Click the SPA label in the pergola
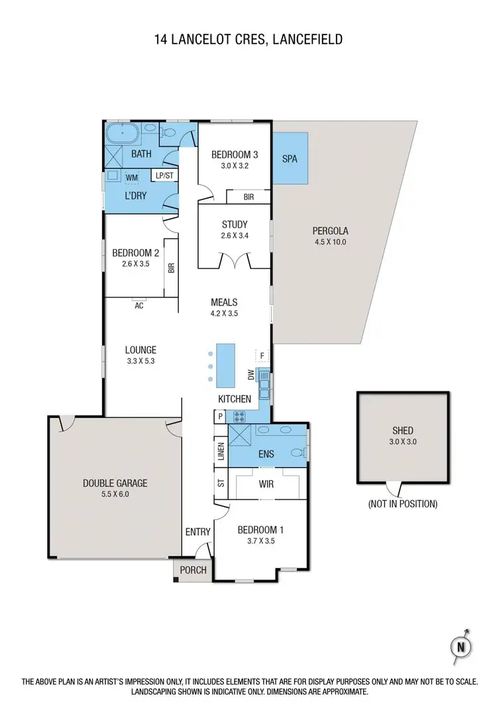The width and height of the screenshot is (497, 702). [290, 160]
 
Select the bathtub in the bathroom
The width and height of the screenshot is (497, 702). [124, 135]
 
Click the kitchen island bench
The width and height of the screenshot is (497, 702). [226, 366]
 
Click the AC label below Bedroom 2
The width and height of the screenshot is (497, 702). [139, 306]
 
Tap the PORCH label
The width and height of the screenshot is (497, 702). [193, 570]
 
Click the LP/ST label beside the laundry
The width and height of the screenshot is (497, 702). [164, 175]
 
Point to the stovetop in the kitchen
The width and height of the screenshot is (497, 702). [239, 417]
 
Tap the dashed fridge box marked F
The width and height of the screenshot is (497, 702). [262, 356]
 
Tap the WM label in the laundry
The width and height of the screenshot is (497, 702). [131, 177]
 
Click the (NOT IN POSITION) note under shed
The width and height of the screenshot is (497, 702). [402, 504]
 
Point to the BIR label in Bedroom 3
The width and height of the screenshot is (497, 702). [248, 197]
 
